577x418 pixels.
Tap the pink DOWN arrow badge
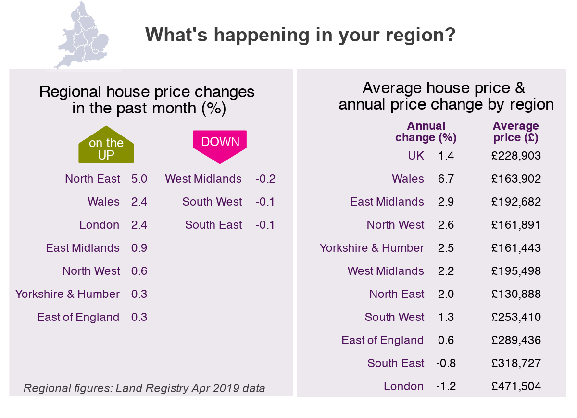220,144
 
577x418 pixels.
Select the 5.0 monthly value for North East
139,179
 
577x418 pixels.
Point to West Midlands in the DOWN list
203,179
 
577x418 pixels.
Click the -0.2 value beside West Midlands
265,179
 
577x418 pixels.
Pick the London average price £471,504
516,386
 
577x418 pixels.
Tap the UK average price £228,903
516,156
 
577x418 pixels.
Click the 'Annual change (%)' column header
426,132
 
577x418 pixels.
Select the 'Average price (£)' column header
516,132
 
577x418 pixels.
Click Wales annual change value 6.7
446,179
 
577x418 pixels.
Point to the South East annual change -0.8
446,363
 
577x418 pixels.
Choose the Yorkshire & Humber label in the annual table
372,248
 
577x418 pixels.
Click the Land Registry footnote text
144,388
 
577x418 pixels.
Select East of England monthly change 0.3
139,317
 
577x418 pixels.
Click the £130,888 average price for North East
516,294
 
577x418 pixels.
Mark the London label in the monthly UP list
100,225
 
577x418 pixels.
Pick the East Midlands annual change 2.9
446,202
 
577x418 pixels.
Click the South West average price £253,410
516,317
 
